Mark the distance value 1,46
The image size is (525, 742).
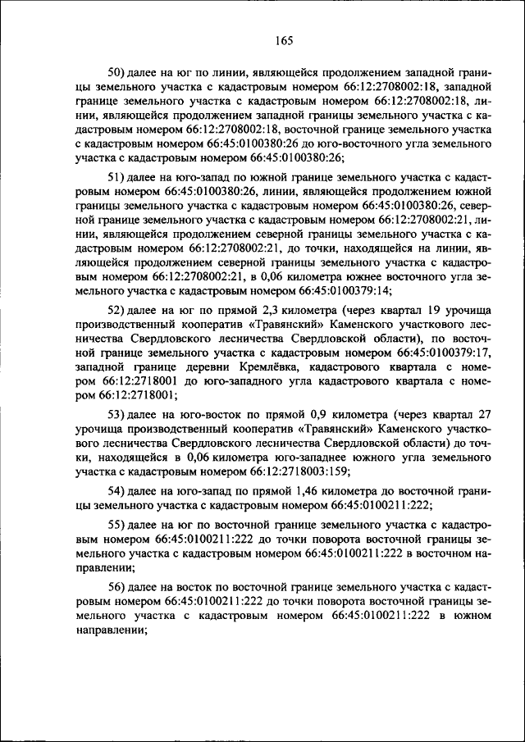[x=286, y=490]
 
